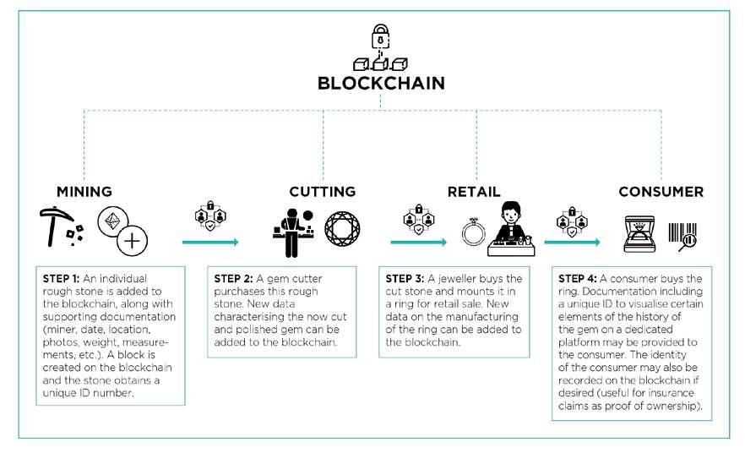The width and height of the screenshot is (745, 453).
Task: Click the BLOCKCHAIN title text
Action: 380,84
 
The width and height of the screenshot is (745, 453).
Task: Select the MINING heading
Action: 84,191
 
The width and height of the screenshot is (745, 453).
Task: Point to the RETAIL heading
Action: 478,191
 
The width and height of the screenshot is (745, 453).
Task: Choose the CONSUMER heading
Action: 661,191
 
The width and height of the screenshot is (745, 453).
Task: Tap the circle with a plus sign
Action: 132,242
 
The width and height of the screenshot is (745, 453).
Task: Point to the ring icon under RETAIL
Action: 470,231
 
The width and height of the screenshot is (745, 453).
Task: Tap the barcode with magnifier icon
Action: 682,232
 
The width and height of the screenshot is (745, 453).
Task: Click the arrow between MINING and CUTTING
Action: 210,243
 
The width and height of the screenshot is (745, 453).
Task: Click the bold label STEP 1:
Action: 62,277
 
